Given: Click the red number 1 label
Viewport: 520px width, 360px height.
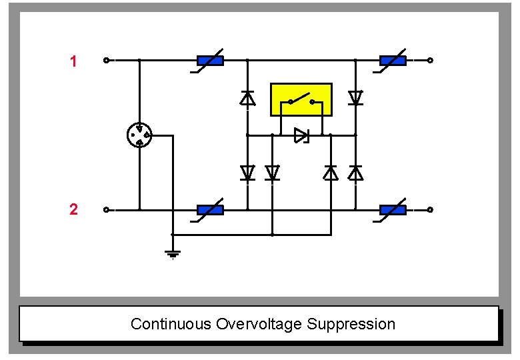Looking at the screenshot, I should tap(73, 62).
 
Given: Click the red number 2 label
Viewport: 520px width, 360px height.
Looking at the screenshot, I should tap(73, 210).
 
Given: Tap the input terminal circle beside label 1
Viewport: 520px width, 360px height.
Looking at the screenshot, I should tap(106, 61).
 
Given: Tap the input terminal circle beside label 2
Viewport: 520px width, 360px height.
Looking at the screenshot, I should tap(106, 210).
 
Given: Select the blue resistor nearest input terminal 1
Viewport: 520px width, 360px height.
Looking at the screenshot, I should tap(210, 61).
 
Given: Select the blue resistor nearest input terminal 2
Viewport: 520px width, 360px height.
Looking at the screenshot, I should tap(210, 210).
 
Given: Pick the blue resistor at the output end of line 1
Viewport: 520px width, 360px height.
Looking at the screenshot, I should tap(393, 61).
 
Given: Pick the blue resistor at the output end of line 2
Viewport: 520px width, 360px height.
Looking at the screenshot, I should tap(393, 210).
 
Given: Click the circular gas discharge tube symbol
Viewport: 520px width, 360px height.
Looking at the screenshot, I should tap(139, 135).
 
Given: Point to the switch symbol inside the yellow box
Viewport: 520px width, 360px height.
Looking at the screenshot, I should tap(301, 101).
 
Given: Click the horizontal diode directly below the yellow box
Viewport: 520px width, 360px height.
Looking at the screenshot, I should tap(301, 135).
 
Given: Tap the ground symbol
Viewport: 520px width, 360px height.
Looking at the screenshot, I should tap(173, 253).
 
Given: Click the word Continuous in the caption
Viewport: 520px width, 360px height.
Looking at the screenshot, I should tap(171, 325).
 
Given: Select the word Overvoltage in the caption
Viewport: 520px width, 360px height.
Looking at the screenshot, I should tap(259, 325).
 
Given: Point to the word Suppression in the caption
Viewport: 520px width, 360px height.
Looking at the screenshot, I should tap(351, 325).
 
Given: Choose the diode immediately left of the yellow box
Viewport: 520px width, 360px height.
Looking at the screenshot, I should tap(247, 99).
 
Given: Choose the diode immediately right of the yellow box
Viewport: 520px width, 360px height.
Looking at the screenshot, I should tap(355, 99).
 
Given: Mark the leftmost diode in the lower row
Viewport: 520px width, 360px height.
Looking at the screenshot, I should tap(247, 173).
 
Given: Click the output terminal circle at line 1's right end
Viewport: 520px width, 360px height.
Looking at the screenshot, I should tap(430, 61).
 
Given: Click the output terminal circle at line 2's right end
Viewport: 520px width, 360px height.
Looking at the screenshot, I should tap(430, 210).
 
